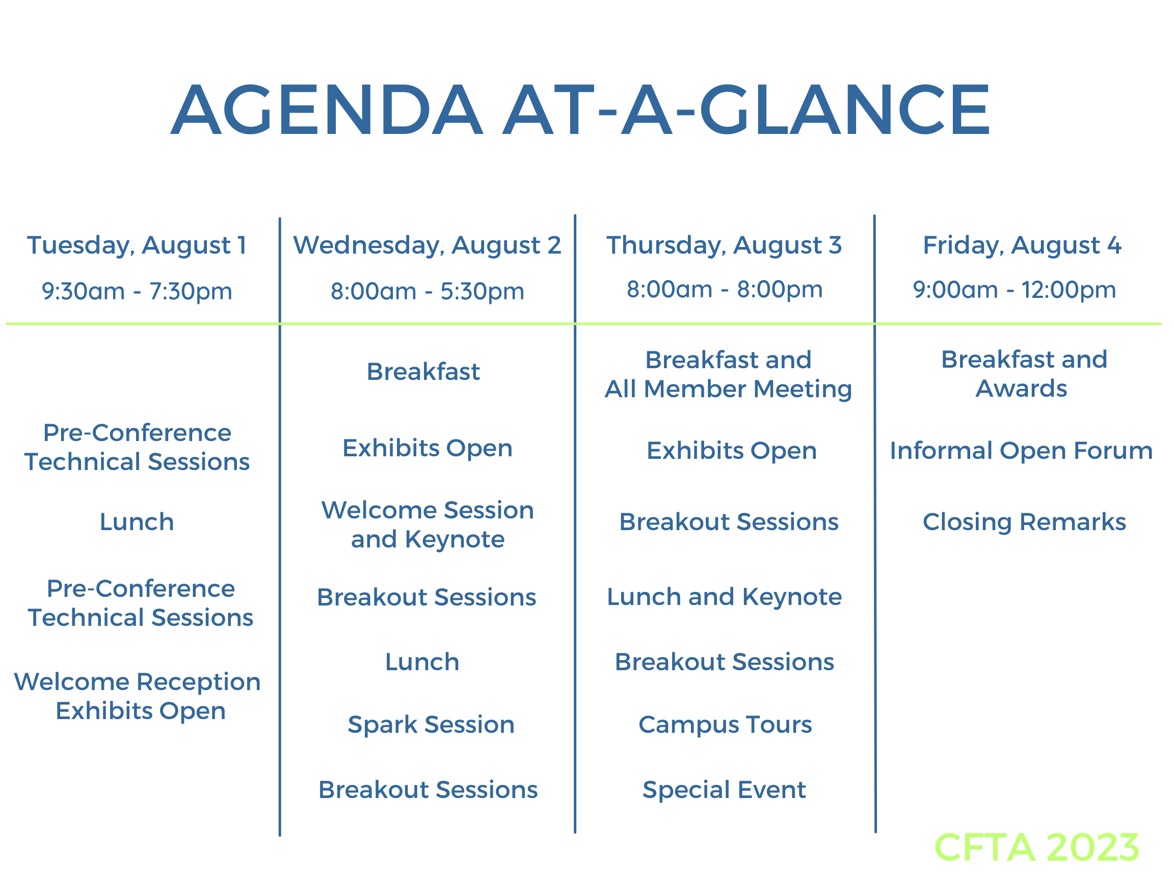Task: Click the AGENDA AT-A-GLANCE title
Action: click(x=580, y=110)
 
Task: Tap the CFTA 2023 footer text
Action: click(x=1036, y=847)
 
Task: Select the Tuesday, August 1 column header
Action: click(x=137, y=245)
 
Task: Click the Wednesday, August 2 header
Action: click(x=427, y=245)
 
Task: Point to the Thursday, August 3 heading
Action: click(x=725, y=245)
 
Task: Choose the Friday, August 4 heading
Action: click(x=1022, y=245)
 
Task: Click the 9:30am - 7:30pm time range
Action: click(x=137, y=291)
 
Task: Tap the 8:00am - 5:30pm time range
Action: click(x=427, y=291)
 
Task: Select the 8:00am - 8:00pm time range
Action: click(x=725, y=290)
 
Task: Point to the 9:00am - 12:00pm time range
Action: click(x=1014, y=290)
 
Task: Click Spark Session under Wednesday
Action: click(x=431, y=725)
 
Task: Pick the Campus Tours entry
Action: click(x=725, y=725)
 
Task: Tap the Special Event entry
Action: click(x=724, y=790)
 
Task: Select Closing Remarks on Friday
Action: click(x=1024, y=522)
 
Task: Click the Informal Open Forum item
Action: click(x=1022, y=451)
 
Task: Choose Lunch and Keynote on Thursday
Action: click(x=725, y=597)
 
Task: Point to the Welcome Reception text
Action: click(x=137, y=682)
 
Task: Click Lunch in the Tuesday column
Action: click(x=137, y=522)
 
